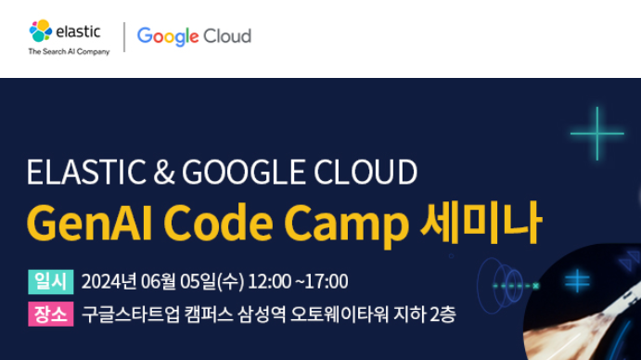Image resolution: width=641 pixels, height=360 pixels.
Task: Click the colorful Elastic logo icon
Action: tap(41, 32)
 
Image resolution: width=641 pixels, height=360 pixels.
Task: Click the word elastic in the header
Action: tap(78, 31)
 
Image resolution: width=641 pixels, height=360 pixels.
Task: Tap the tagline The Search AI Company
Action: tap(69, 52)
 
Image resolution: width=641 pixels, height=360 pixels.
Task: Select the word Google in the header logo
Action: tap(168, 36)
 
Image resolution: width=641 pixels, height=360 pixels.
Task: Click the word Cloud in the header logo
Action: tap(227, 36)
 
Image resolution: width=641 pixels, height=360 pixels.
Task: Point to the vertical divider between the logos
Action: tap(123, 37)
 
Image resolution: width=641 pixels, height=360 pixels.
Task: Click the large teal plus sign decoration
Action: tap(596, 134)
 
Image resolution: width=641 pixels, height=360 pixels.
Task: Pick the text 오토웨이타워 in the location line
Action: tap(343, 315)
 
